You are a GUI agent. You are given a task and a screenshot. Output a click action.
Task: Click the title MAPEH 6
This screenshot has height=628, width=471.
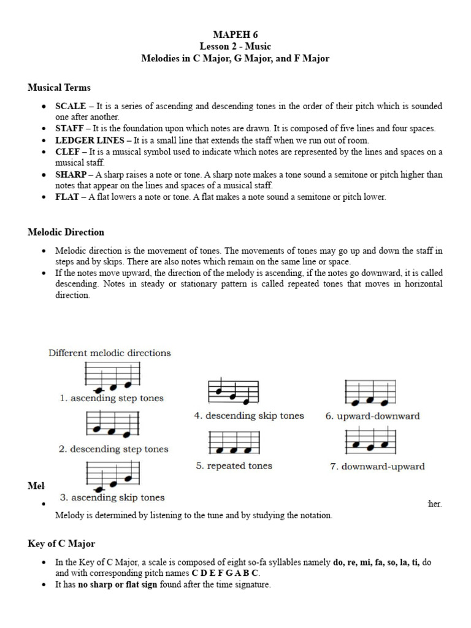[235, 34]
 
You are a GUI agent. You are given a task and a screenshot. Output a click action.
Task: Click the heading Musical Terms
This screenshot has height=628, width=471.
[59, 88]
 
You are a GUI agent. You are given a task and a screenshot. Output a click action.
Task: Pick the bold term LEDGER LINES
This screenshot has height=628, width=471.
[88, 140]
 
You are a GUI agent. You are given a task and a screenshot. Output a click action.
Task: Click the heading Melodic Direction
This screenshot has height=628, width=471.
[66, 232]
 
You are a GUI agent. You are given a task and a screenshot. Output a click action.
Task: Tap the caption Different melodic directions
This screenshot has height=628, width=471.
[110, 353]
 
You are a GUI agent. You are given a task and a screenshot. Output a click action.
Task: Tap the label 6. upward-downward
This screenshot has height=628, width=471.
[372, 416]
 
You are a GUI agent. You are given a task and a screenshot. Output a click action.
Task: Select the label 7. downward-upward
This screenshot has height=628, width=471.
[377, 467]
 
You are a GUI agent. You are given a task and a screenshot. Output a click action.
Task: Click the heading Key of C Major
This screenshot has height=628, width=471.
[61, 544]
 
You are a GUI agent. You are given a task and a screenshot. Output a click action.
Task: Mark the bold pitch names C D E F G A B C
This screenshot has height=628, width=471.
[225, 573]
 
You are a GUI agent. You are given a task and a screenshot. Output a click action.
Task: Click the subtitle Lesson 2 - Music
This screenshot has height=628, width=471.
[235, 47]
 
